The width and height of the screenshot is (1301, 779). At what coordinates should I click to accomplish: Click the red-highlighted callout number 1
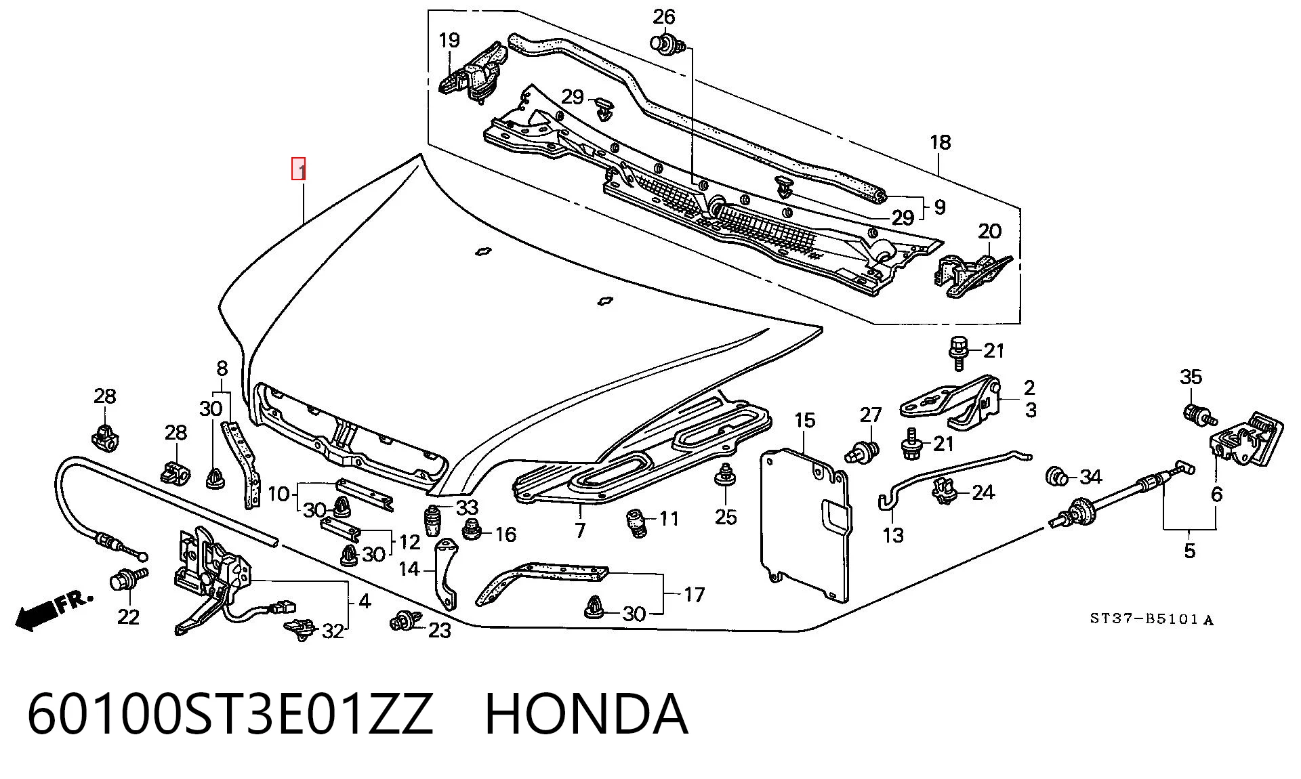point(299,169)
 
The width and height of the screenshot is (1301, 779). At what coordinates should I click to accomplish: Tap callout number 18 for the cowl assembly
point(941,142)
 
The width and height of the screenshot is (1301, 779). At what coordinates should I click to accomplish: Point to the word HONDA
point(587,715)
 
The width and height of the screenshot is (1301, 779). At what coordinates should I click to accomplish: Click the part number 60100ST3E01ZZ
point(230,715)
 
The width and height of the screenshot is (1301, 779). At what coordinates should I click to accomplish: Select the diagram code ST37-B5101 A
point(1151,619)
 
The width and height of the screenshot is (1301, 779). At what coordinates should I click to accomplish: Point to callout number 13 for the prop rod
point(893,535)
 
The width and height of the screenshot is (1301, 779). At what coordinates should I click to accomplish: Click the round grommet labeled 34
point(1056,476)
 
